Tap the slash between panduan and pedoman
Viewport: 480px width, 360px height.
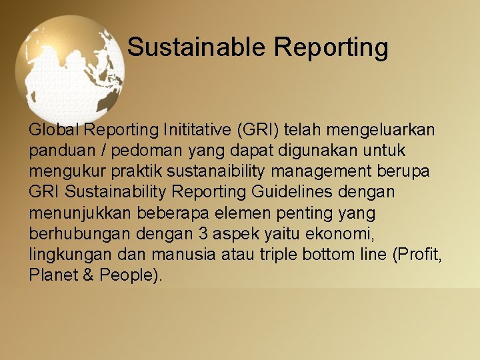pos(97,150)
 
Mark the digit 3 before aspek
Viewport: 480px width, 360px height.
pos(201,233)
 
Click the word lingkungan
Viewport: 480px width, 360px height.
pos(65,255)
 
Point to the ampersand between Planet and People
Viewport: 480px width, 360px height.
pos(88,275)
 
